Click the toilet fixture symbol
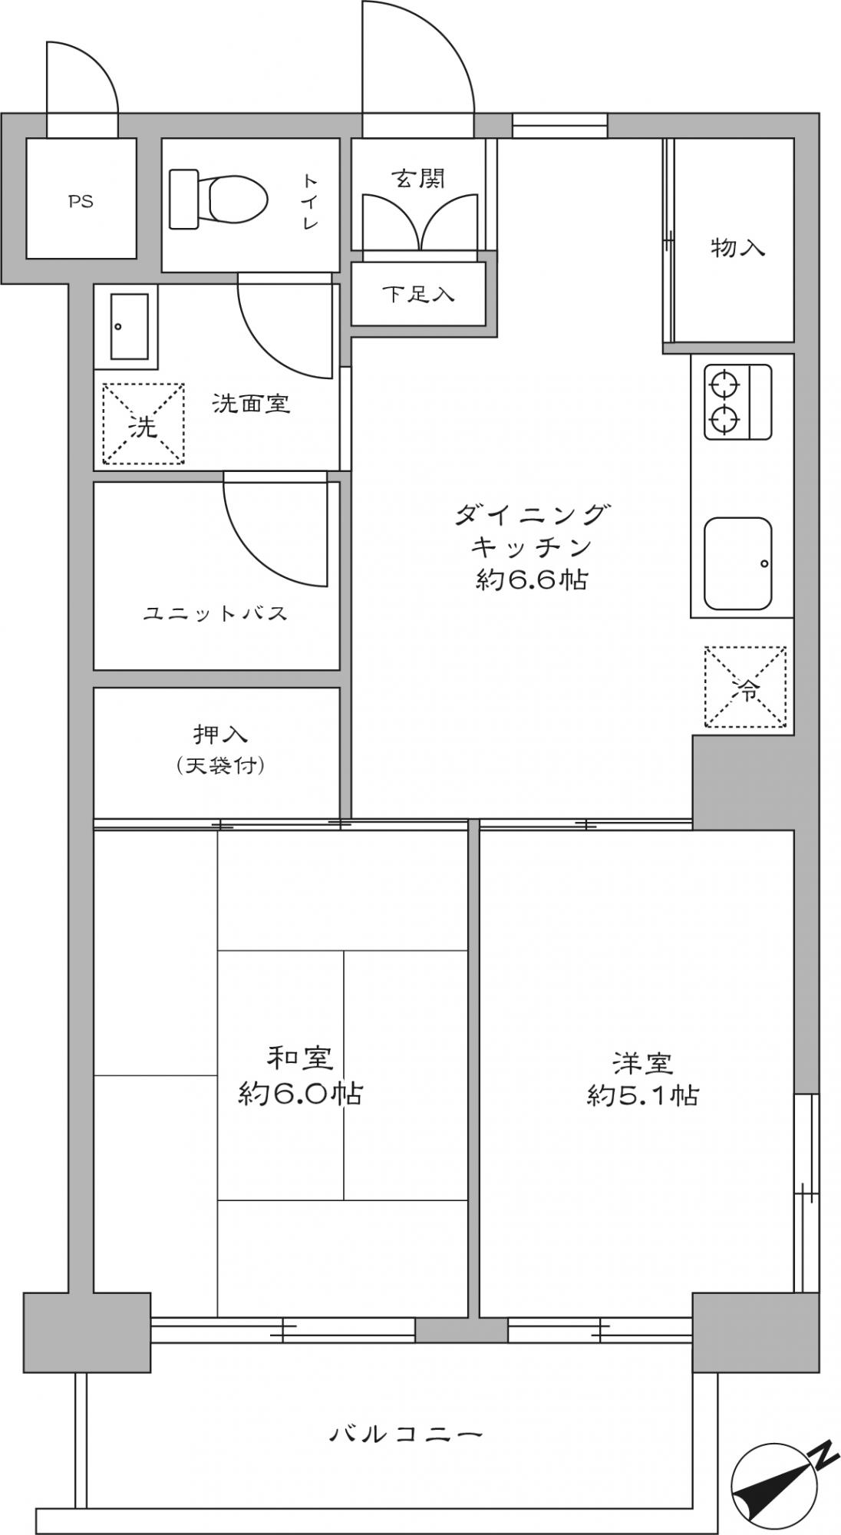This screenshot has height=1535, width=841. (218, 199)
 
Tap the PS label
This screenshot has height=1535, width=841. (81, 203)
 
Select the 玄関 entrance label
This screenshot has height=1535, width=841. (418, 180)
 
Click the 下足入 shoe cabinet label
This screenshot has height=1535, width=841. (418, 293)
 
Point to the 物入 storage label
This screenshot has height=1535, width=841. (738, 248)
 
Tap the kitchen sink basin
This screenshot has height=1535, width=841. (738, 564)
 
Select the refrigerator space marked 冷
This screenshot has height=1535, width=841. (746, 686)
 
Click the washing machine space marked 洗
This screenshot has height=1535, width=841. (143, 424)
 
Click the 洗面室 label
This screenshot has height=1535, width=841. (252, 404)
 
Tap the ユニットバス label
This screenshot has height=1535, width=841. (216, 613)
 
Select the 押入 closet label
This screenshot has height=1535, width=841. (220, 734)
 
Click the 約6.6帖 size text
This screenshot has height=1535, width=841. (532, 580)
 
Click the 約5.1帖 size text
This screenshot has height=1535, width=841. (643, 1094)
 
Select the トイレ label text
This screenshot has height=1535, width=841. (310, 202)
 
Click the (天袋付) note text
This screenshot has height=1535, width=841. (221, 765)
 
